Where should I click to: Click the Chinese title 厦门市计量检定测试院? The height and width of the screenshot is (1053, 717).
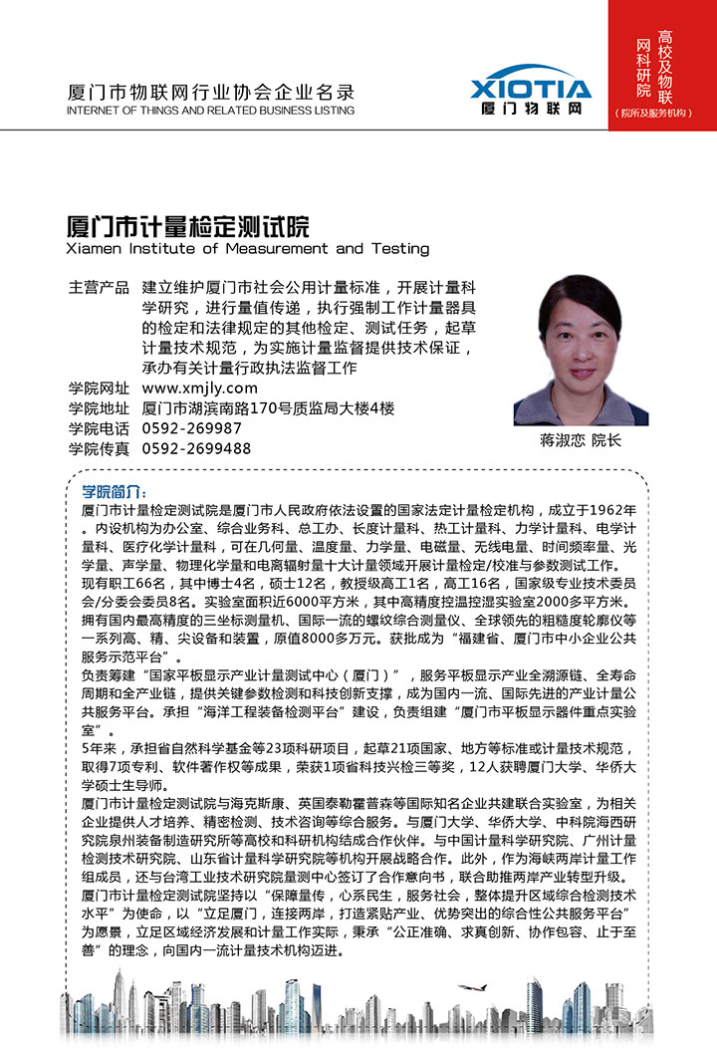pyautogui.click(x=187, y=224)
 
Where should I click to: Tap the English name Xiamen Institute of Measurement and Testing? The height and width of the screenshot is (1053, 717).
pyautogui.click(x=247, y=248)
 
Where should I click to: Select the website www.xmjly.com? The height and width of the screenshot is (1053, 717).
pyautogui.click(x=200, y=389)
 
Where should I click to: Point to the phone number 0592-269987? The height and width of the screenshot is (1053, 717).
pyautogui.click(x=192, y=428)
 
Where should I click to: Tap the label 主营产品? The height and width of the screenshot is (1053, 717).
pyautogui.click(x=99, y=288)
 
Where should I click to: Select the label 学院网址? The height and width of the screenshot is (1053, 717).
pyautogui.click(x=99, y=389)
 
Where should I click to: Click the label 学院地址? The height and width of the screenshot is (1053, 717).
pyautogui.click(x=99, y=408)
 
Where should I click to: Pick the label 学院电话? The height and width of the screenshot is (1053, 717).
pyautogui.click(x=99, y=428)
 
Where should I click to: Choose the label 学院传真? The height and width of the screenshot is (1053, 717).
pyautogui.click(x=99, y=448)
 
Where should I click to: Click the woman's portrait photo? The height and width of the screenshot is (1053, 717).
pyautogui.click(x=580, y=351)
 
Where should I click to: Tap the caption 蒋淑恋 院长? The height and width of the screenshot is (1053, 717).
pyautogui.click(x=580, y=440)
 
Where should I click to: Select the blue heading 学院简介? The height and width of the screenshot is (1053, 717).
pyautogui.click(x=115, y=493)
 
